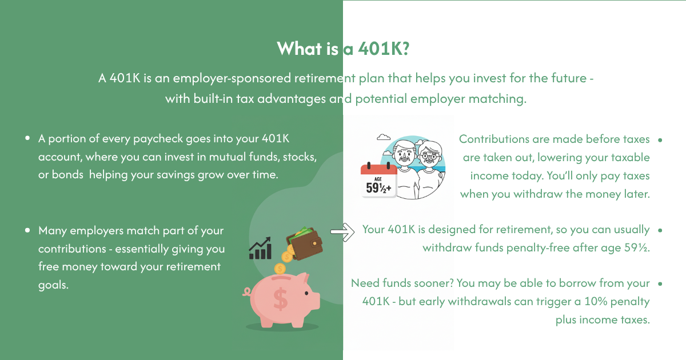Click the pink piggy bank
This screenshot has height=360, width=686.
(282, 300)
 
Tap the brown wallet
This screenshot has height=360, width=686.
(305, 244)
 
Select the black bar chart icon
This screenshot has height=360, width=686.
(260, 248)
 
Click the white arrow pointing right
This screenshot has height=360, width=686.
(342, 232)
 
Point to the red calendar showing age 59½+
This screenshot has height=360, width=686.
(378, 180)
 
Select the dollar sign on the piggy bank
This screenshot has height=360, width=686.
(280, 299)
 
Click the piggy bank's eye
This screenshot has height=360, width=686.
(306, 293)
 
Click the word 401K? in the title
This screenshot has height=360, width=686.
(384, 49)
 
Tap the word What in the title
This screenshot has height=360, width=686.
(299, 49)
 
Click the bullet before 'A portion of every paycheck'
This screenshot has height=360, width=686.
(27, 138)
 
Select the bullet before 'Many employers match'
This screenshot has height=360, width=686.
(27, 230)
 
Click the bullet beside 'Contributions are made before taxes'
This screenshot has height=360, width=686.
(660, 140)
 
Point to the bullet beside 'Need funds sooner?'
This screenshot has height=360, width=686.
(660, 284)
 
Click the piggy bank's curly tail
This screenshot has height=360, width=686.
(246, 292)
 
